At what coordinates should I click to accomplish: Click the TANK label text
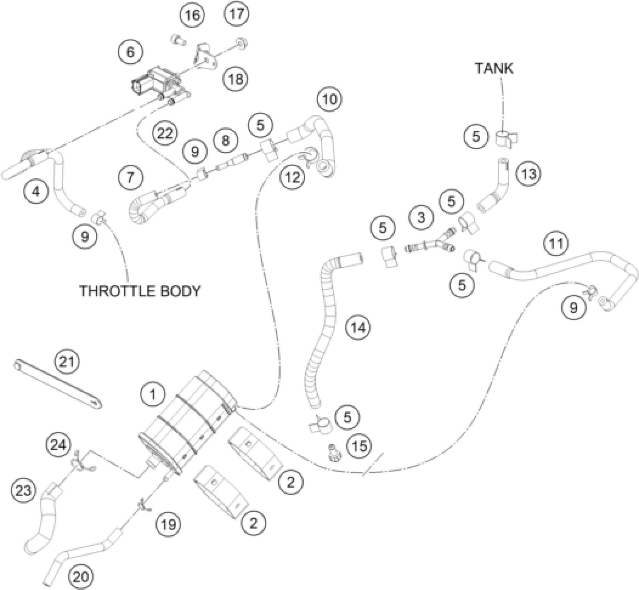click(x=494, y=68)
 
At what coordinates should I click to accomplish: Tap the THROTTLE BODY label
click(x=140, y=291)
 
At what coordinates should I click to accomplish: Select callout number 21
click(x=67, y=362)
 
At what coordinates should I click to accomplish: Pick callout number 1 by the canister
click(x=153, y=394)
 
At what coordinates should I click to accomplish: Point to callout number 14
click(x=358, y=327)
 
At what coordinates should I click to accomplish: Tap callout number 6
click(x=130, y=52)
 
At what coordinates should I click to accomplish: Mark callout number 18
click(x=236, y=79)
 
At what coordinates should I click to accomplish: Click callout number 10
click(x=329, y=100)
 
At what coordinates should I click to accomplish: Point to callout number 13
click(x=529, y=173)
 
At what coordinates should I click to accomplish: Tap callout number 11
click(x=556, y=244)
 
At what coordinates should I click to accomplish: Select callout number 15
click(x=359, y=446)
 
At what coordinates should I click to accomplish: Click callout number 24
click(x=58, y=445)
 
